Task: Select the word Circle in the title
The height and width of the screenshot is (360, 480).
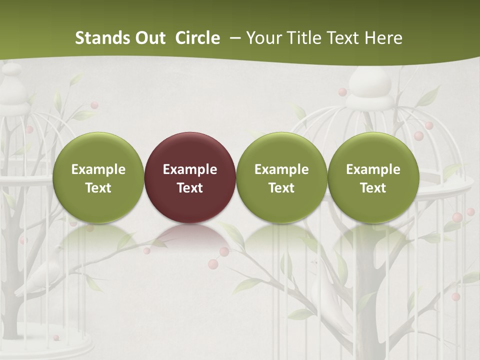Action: (197, 38)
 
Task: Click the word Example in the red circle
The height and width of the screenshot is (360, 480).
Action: (190, 169)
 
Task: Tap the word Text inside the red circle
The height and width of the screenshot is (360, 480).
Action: (190, 188)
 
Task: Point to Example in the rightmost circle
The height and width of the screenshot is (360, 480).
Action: (373, 169)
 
